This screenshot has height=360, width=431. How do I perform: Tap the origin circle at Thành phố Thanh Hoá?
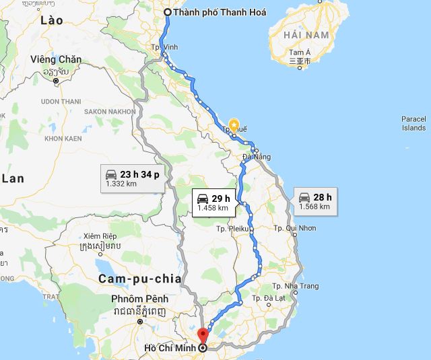click(168, 12)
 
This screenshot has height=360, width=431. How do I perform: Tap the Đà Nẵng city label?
click(257, 157)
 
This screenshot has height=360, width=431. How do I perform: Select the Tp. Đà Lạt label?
click(272, 298)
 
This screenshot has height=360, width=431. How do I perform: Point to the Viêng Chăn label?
click(56, 59)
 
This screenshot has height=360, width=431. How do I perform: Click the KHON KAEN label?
click(63, 138)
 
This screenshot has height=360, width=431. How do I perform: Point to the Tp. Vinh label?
click(166, 48)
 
